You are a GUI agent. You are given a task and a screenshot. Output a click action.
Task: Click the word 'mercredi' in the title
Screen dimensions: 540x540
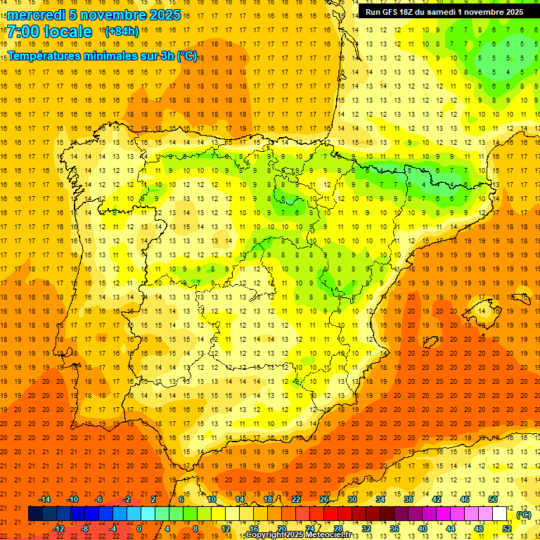pyautogui.click(x=35, y=15)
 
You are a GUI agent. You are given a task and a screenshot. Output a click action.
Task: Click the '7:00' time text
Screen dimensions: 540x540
pyautogui.click(x=23, y=32)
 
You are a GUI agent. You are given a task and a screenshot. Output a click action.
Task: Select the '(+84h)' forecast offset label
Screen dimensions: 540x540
pyautogui.click(x=122, y=32)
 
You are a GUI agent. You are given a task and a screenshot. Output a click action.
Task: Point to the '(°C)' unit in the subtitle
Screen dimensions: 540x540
pyautogui.click(x=187, y=56)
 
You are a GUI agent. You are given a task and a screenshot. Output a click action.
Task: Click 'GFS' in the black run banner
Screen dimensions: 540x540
pyautogui.click(x=392, y=12)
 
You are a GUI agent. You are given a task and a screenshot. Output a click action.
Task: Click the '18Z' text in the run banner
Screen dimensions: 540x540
pyautogui.click(x=409, y=12)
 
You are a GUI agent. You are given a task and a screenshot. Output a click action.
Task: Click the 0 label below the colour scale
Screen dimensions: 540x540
pyautogui.click(x=139, y=529)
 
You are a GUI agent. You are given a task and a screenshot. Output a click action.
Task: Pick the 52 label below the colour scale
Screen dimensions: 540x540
pyautogui.click(x=507, y=529)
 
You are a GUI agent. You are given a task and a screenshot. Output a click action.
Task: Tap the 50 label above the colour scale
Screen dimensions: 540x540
pyautogui.click(x=493, y=499)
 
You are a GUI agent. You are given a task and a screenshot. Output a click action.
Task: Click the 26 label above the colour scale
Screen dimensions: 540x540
pyautogui.click(x=324, y=499)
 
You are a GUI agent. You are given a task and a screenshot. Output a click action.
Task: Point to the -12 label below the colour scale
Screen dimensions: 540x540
pyautogui.click(x=58, y=529)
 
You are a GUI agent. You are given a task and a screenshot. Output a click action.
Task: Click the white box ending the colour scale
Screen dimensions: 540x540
pyautogui.click(x=500, y=514)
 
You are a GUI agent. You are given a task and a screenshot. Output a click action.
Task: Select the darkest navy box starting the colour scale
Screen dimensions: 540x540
pyautogui.click(x=35, y=514)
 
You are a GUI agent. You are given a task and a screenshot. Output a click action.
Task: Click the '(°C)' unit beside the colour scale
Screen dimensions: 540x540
pyautogui.click(x=523, y=515)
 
